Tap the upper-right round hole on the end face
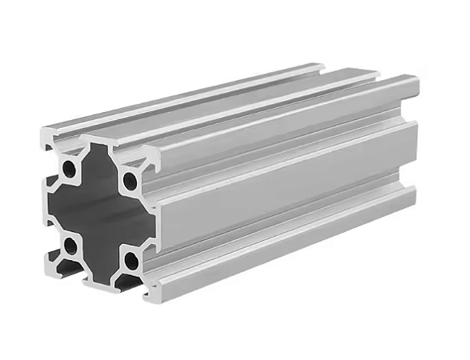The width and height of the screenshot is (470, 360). (x=130, y=180)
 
